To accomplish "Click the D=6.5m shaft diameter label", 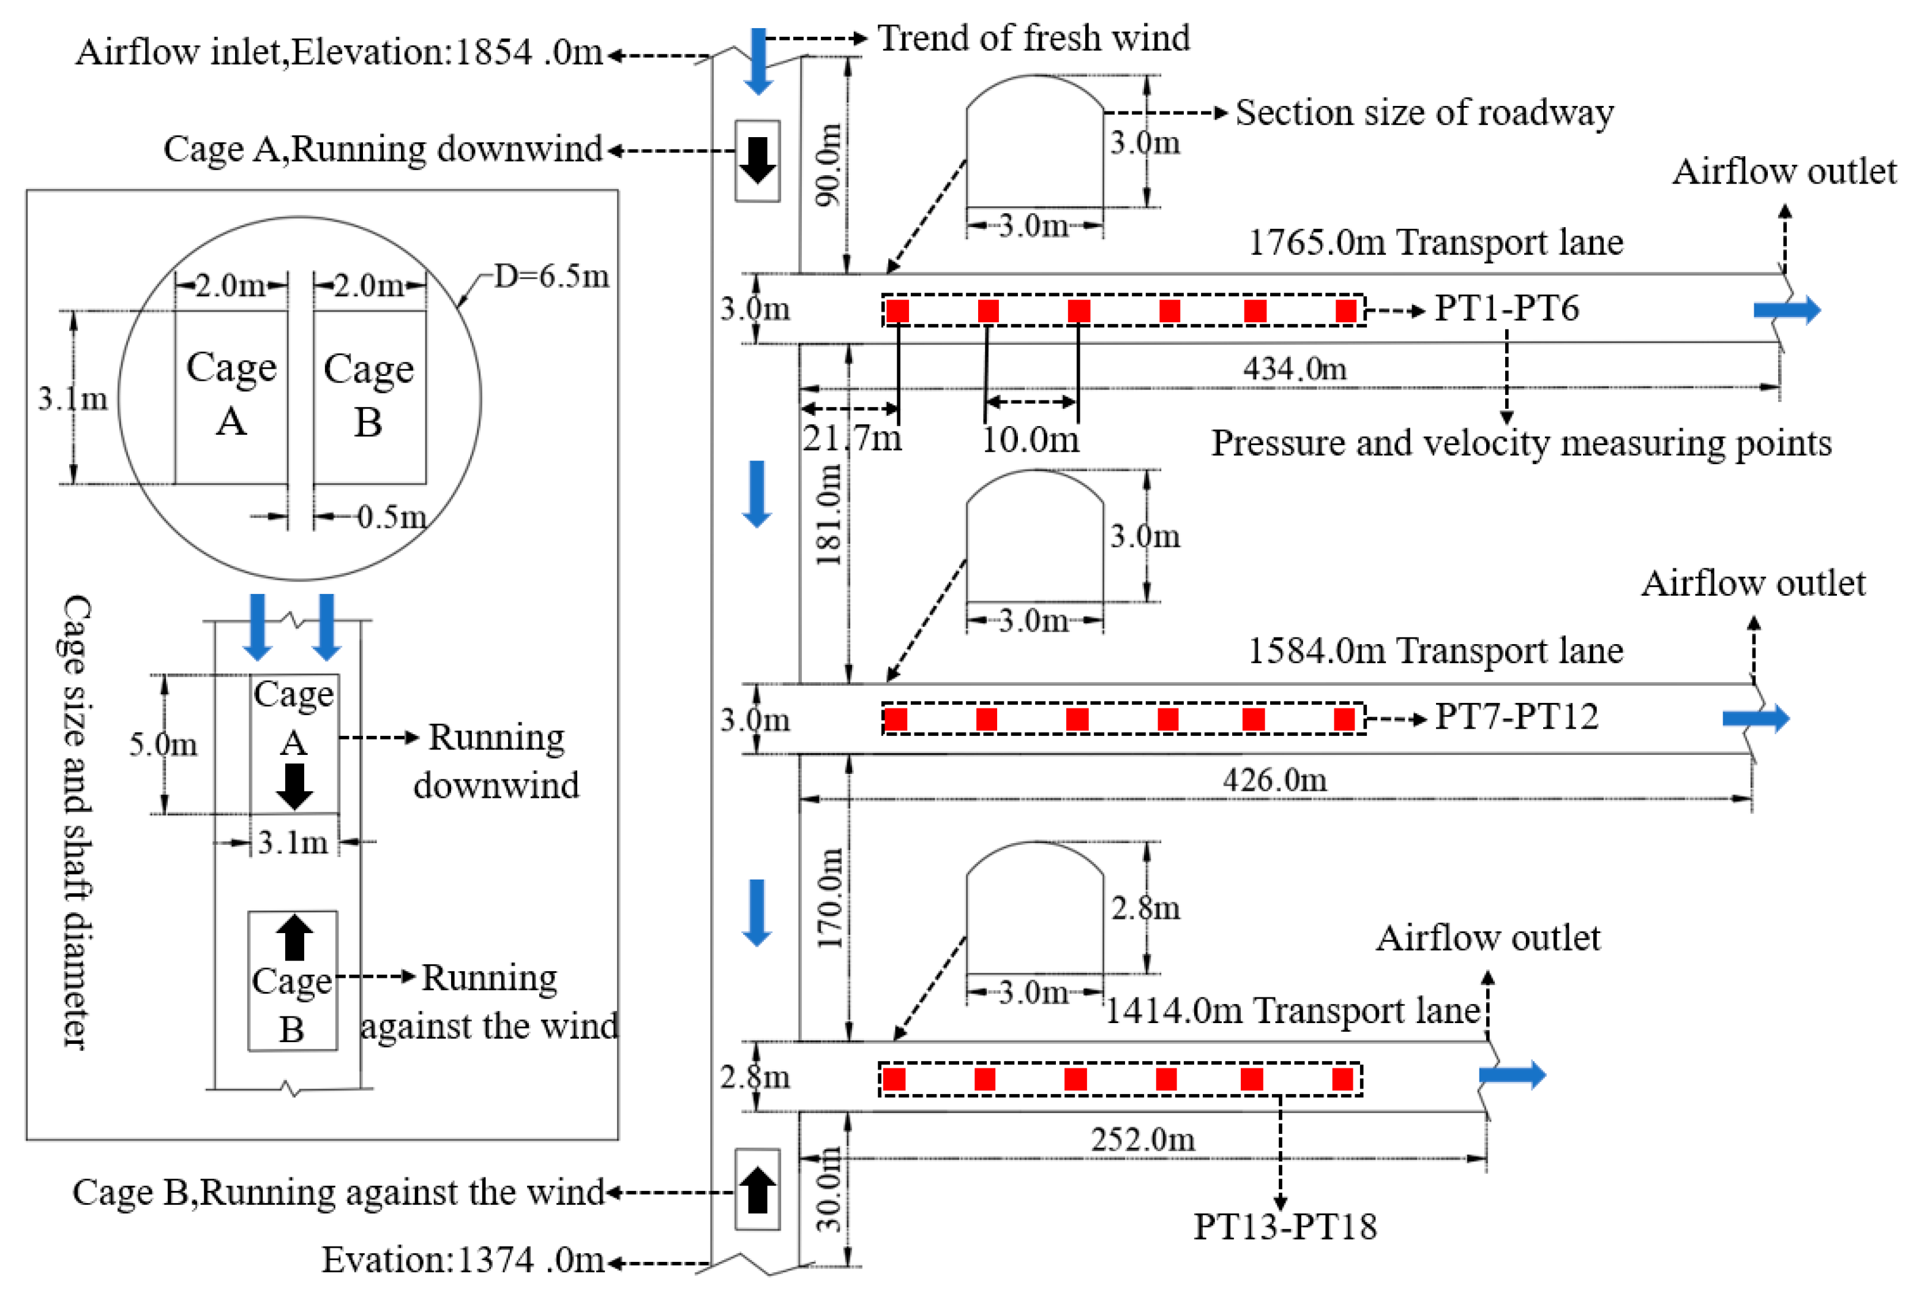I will [x=551, y=276].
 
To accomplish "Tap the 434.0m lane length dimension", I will [x=1294, y=369].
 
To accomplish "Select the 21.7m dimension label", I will [x=852, y=438].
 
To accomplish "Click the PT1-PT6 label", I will [x=1506, y=309].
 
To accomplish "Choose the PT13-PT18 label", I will [x=1284, y=1226].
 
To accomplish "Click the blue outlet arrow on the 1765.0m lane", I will [x=1787, y=310].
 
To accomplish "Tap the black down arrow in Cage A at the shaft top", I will [x=757, y=160].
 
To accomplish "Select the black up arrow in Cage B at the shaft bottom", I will [x=757, y=1190].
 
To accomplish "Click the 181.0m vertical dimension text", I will [x=829, y=514].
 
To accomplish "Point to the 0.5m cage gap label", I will [x=391, y=517].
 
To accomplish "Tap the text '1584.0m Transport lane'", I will [x=1435, y=651].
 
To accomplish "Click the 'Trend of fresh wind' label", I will [x=1034, y=38].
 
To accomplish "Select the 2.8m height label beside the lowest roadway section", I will [x=1145, y=908].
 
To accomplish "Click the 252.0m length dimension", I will [x=1142, y=1139].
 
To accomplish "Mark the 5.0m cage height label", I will [x=163, y=745].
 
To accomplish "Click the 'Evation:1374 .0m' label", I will [x=462, y=1259].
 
